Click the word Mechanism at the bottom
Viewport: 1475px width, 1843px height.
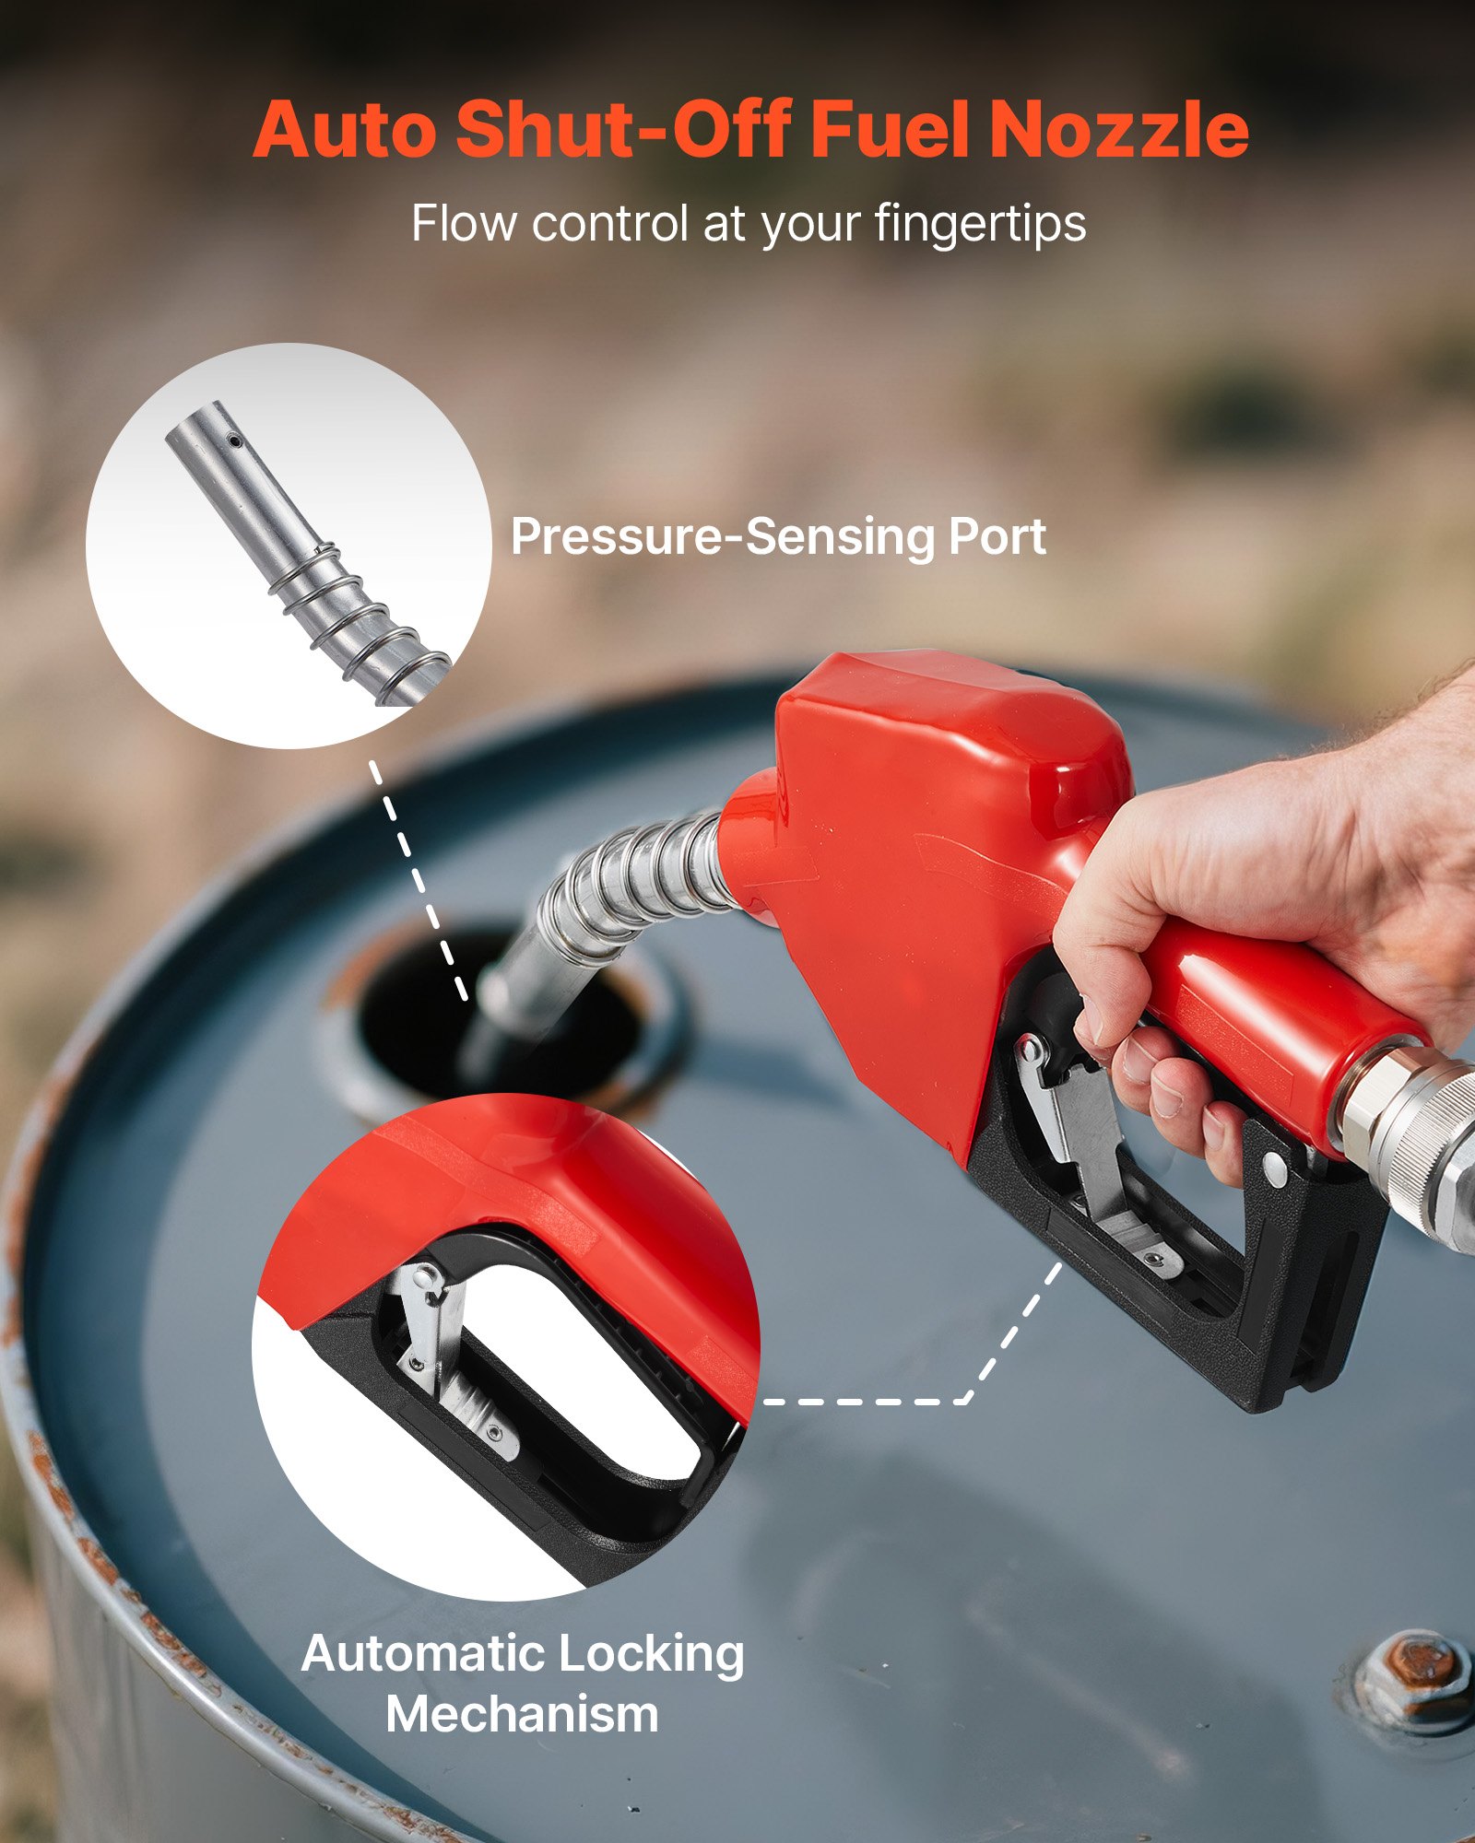click(x=522, y=1714)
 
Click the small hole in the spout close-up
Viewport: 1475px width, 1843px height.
click(x=236, y=442)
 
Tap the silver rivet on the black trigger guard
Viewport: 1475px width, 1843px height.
click(x=1275, y=1169)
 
